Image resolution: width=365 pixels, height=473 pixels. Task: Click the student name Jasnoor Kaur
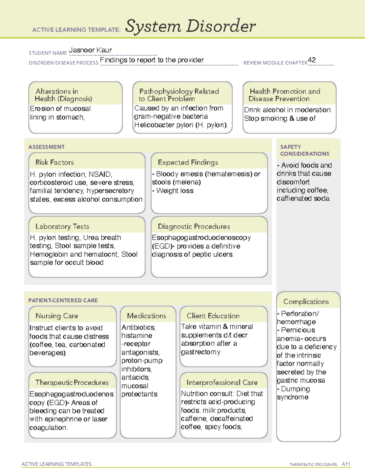[90, 50]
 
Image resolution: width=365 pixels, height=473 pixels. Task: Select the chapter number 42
[312, 60]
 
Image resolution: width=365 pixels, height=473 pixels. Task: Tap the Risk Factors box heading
[55, 162]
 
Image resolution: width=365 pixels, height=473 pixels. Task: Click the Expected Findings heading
[188, 162]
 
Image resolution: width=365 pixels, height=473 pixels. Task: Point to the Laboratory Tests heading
[62, 226]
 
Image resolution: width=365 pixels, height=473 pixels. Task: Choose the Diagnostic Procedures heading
[194, 226]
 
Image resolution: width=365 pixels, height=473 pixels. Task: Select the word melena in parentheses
[187, 182]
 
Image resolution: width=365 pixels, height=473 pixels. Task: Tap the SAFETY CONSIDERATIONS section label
[304, 150]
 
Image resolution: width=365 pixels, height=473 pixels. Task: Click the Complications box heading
[306, 302]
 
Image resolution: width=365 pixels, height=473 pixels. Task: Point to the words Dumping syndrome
[294, 393]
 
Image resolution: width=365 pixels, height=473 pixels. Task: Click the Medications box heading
[147, 316]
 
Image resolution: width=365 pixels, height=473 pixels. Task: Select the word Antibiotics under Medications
[138, 327]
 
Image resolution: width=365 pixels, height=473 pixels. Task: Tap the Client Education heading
[213, 316]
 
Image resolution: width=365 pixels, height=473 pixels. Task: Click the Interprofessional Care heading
[222, 382]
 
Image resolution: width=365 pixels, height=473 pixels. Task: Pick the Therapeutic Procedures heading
[72, 382]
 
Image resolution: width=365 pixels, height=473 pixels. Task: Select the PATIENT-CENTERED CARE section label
[63, 300]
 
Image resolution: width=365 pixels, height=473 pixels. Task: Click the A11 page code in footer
[346, 464]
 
